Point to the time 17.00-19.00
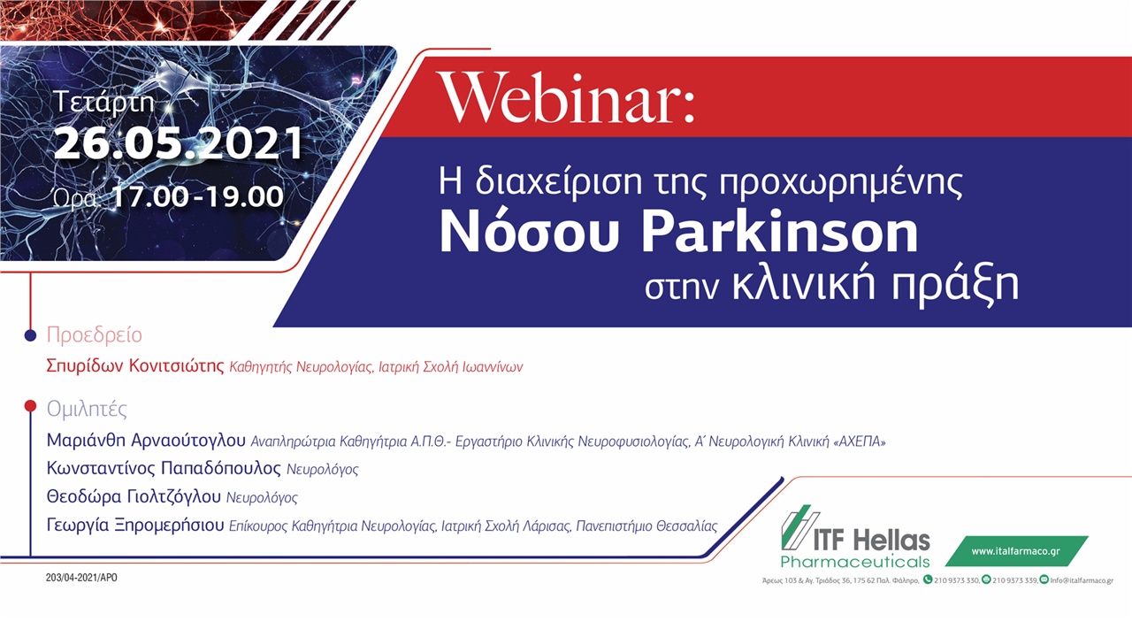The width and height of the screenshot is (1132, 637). (x=197, y=196)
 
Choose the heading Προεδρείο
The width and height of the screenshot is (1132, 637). (x=94, y=335)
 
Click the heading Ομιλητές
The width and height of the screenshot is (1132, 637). (x=87, y=409)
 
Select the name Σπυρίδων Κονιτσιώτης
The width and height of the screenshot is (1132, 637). (x=135, y=366)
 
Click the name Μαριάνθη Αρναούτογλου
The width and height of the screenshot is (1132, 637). (x=146, y=440)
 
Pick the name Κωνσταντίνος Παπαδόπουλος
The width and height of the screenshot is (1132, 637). (x=164, y=468)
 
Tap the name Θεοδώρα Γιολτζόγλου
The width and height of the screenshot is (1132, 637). (x=134, y=497)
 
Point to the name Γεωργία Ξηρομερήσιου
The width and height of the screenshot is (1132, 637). (x=134, y=526)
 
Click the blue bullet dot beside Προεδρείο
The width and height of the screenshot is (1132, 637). (x=30, y=335)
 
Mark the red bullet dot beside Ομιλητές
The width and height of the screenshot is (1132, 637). (x=30, y=406)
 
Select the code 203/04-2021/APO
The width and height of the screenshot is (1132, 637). (x=81, y=578)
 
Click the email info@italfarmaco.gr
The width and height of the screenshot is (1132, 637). (x=1082, y=580)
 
